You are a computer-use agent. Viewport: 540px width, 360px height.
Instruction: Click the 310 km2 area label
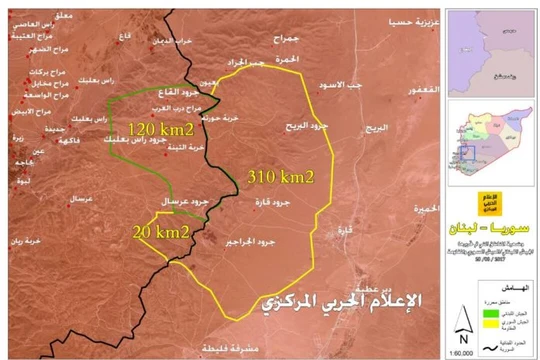tap(283, 176)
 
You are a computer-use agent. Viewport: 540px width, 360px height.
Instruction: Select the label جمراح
tap(285, 36)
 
